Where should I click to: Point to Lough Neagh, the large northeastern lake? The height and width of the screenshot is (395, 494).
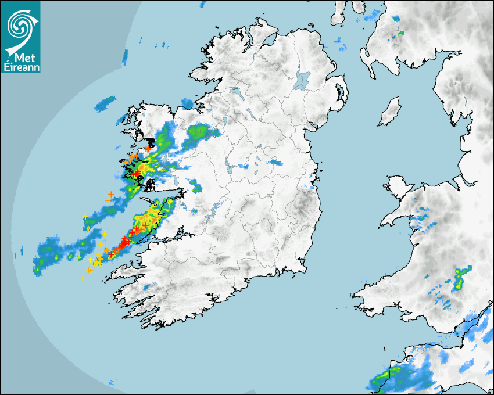(x=302, y=80)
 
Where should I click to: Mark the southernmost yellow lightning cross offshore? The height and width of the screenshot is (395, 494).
(x=83, y=278)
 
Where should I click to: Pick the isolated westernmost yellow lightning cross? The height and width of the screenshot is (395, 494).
(x=85, y=217)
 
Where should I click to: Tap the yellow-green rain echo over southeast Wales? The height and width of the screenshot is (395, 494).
(x=460, y=279)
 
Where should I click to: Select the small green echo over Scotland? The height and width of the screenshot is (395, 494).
(x=400, y=34)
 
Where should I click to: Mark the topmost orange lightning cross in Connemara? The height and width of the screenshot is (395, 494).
(x=148, y=149)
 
